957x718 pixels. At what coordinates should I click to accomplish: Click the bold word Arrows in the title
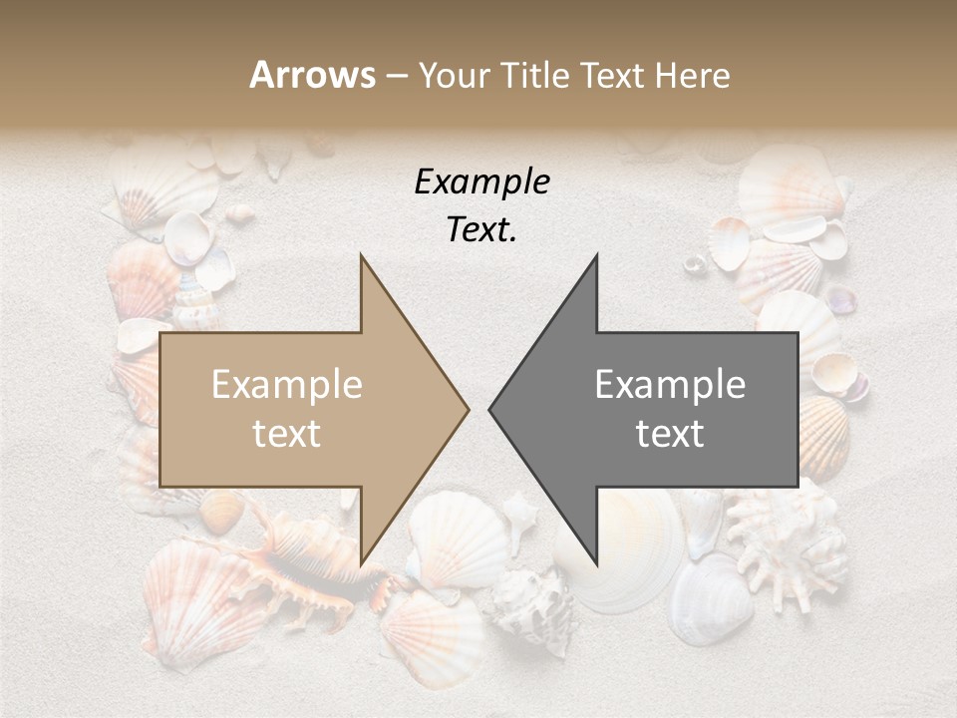[x=312, y=75]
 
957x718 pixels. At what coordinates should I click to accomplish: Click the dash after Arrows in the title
[x=396, y=77]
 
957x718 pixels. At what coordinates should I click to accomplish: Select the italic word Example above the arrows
[x=481, y=182]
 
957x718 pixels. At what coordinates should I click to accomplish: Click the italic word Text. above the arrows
[x=481, y=230]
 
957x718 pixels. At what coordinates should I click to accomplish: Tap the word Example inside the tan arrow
[x=287, y=385]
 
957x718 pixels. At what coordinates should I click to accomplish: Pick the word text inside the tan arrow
[x=287, y=434]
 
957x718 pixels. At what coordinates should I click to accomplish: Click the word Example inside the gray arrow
[x=670, y=385]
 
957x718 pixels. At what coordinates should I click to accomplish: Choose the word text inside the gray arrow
[x=670, y=434]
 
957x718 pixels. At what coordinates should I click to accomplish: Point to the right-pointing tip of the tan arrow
[x=467, y=409]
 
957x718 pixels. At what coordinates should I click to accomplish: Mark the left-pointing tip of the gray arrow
[x=490, y=409]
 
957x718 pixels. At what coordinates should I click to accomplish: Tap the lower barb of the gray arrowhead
[x=595, y=562]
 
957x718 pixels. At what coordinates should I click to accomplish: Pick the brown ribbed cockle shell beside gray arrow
[x=823, y=438]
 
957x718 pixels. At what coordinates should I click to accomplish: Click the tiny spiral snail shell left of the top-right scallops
[x=695, y=263]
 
